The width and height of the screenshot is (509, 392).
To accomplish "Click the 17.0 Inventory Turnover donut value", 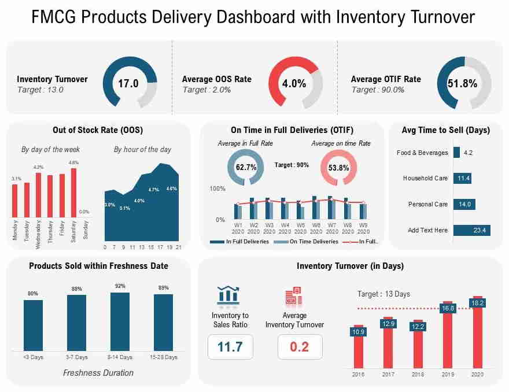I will point(128,83).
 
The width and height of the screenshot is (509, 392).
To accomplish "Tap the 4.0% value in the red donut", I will point(294,83).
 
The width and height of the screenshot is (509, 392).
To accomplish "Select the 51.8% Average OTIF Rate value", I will point(462,83).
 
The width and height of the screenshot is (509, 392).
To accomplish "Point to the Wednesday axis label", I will point(39,231).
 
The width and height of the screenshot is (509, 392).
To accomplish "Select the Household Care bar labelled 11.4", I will point(462,178).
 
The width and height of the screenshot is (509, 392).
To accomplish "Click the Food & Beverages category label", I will point(422,153).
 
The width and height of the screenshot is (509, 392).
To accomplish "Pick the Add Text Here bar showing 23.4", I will point(471,230).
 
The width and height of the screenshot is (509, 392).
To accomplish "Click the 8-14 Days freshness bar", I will point(120,321).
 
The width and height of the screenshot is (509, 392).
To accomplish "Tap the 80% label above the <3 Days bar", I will point(33,293).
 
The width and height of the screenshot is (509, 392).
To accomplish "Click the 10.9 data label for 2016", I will point(358,332).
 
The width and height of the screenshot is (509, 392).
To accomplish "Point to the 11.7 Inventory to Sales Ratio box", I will point(230,347).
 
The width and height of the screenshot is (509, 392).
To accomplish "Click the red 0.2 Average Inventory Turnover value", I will point(300,347).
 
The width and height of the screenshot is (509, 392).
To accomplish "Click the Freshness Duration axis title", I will point(98,373).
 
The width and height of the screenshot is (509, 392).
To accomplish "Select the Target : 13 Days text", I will point(383,294).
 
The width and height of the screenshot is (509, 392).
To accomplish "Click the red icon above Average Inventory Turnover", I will point(294,295).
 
